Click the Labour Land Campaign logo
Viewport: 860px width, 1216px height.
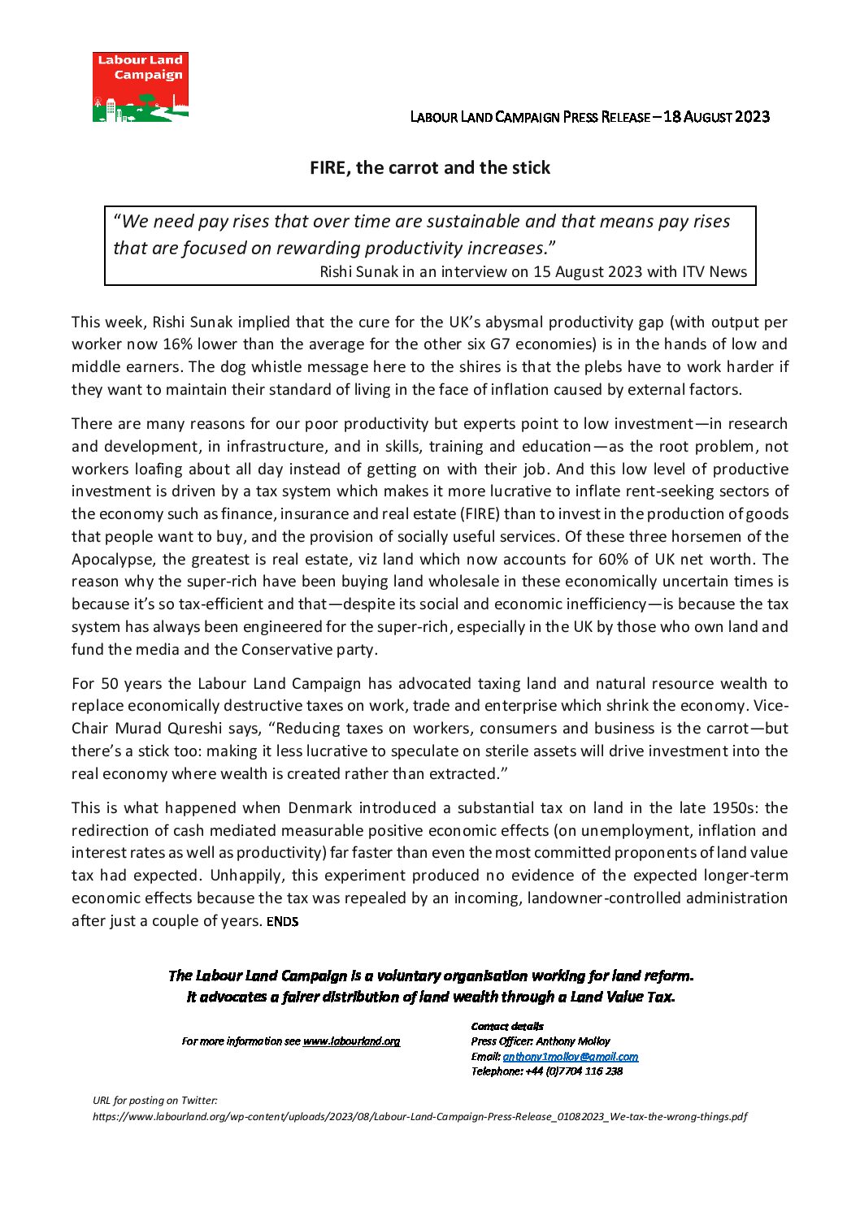[140, 87]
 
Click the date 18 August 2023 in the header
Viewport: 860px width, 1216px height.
[716, 116]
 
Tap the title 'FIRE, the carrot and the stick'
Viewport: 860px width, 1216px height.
[430, 168]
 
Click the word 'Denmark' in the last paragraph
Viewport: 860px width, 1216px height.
[320, 807]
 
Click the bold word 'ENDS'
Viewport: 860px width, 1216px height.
[282, 921]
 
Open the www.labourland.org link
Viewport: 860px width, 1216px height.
[351, 1041]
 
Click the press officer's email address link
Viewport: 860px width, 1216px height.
[570, 1056]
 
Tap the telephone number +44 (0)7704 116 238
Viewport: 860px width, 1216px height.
[574, 1071]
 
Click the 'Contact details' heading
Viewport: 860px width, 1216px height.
[507, 1026]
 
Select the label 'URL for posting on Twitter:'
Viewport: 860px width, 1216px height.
[155, 1101]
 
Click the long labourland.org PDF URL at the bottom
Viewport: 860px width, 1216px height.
[419, 1116]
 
